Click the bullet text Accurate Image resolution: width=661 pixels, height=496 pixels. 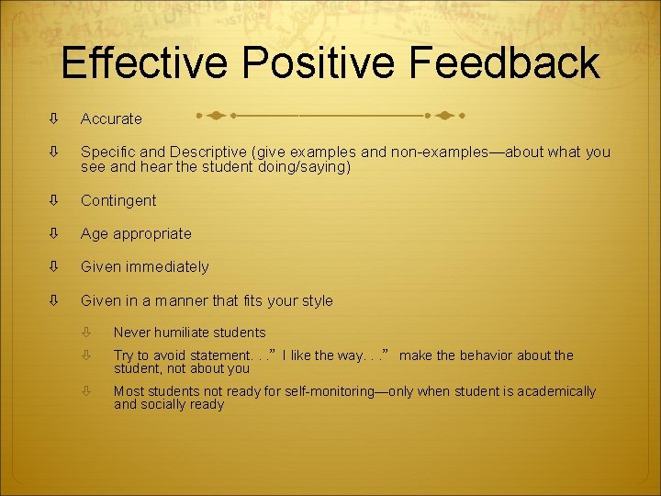(x=111, y=118)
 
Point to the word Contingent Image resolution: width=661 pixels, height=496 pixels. (x=118, y=200)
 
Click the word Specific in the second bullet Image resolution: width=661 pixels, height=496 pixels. (x=107, y=152)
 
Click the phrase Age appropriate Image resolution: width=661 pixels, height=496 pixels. (x=136, y=233)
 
